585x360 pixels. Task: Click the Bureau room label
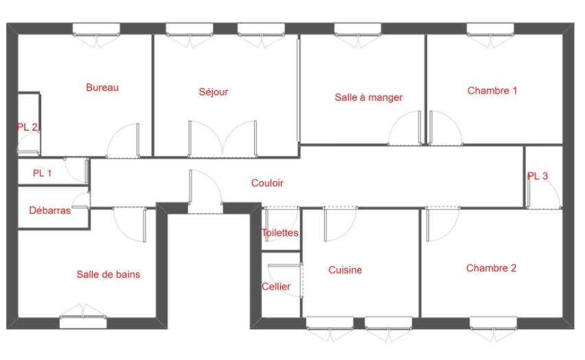(x=102, y=87)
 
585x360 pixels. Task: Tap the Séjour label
(x=214, y=92)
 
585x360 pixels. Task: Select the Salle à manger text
(x=369, y=98)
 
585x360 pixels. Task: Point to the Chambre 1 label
(x=492, y=91)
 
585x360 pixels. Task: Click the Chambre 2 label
(x=492, y=268)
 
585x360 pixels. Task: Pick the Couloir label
(x=267, y=183)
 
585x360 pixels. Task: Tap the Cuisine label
(x=345, y=270)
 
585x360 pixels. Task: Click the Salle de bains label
(x=108, y=275)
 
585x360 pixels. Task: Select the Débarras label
(x=50, y=211)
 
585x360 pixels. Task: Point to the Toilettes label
(x=280, y=233)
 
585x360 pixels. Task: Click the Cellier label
(x=276, y=286)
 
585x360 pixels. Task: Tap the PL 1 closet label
(x=42, y=173)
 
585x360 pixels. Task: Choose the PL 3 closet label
(x=538, y=176)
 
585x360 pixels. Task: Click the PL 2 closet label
(x=27, y=127)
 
